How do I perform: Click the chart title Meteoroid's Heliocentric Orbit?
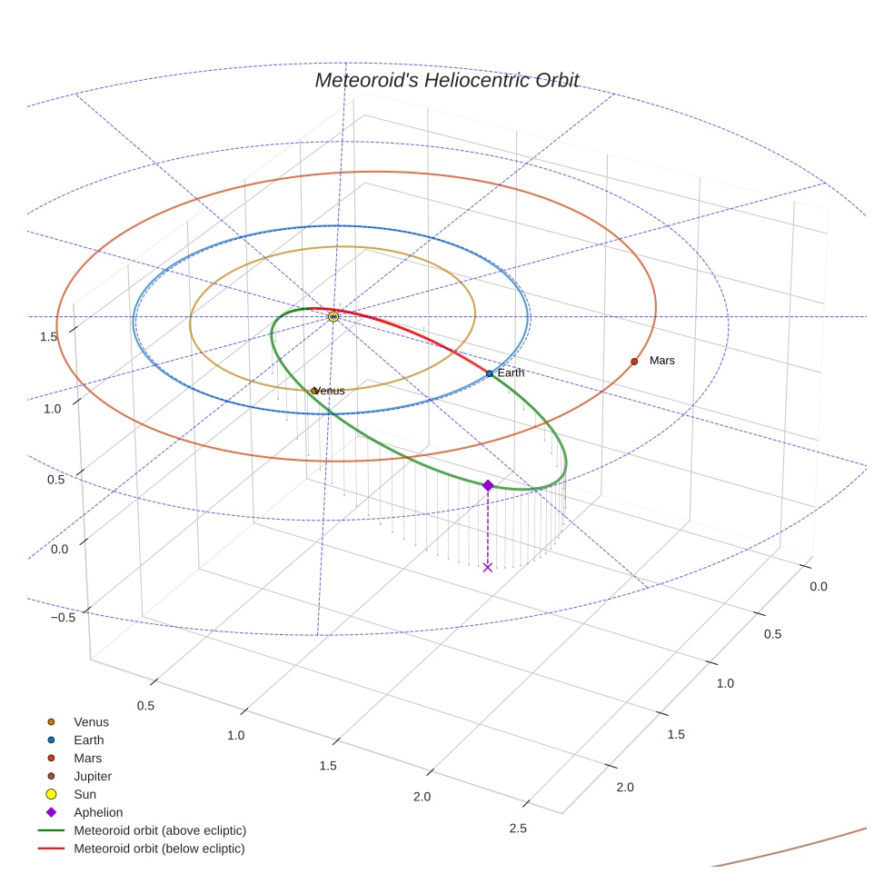446,80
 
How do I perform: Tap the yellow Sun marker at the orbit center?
333,316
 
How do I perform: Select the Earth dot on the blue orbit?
490,373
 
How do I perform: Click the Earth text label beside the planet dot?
511,373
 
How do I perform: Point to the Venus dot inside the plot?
314,391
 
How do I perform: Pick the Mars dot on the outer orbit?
634,362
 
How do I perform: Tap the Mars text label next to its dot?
662,361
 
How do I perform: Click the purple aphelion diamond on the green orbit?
488,485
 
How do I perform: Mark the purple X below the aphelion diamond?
488,567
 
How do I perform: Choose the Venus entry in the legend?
91,722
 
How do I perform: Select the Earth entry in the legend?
89,740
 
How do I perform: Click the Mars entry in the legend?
88,758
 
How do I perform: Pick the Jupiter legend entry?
93,776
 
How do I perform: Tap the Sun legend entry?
85,794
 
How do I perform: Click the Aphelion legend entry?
98,812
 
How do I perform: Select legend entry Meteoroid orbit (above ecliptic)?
160,830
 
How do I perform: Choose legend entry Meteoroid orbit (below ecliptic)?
160,849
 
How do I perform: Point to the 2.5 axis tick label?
518,828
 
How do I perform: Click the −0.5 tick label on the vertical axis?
63,618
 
